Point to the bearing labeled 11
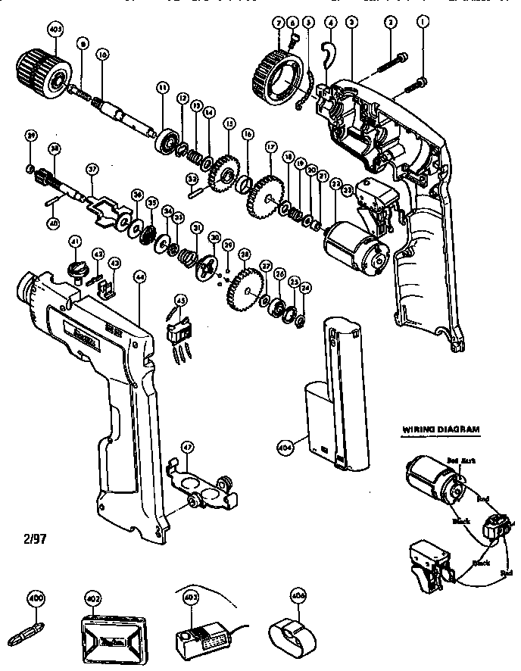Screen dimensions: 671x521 click(164, 140)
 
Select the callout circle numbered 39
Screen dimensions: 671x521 click(30, 136)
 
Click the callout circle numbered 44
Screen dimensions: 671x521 click(140, 277)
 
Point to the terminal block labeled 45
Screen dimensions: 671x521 click(179, 330)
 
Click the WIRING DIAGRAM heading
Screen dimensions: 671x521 click(439, 429)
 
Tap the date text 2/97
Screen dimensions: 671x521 click(25, 541)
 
